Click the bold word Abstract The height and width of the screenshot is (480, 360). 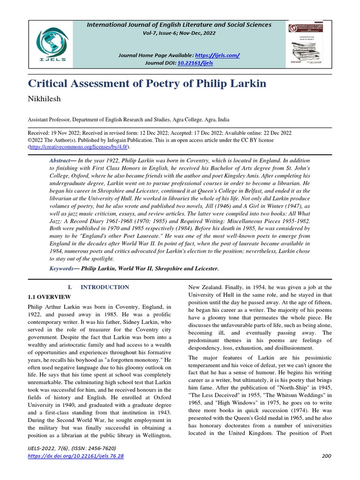[60, 160]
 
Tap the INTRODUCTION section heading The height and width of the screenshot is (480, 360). [105, 287]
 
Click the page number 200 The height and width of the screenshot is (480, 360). [327, 456]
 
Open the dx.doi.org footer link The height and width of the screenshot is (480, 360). [76, 456]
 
